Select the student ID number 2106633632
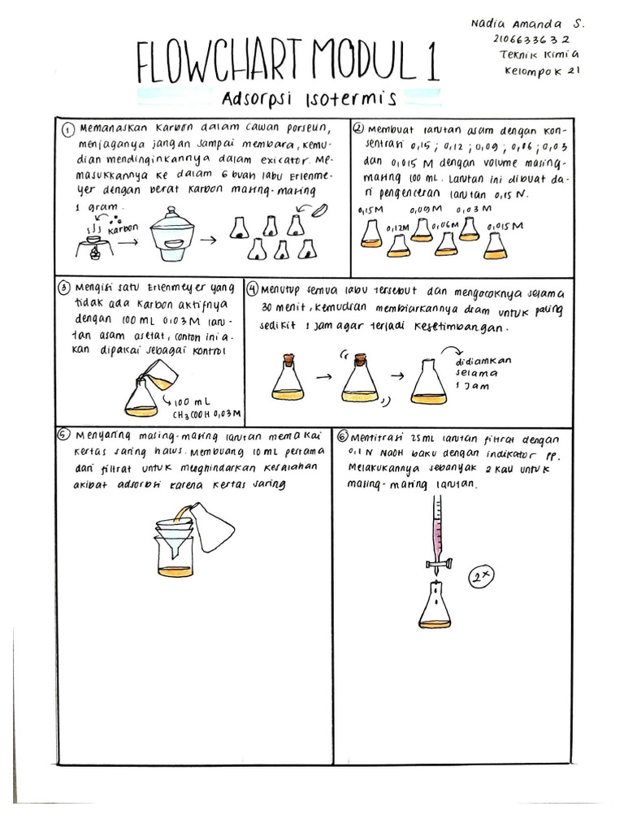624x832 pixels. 531,39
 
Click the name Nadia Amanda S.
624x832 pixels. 526,24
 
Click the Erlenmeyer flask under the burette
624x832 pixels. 435,609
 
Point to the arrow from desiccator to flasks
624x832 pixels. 208,240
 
